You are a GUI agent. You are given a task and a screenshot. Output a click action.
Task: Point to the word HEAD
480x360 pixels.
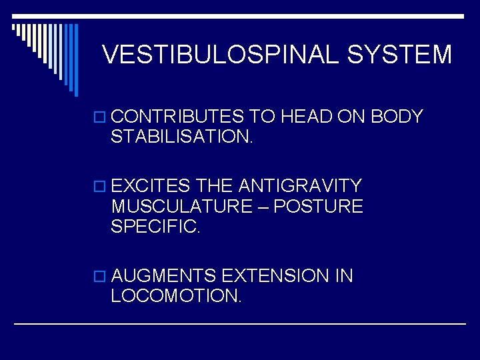306,117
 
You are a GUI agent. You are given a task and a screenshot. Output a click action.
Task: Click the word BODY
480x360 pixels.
397,117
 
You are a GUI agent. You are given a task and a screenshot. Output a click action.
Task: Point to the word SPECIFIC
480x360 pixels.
155,227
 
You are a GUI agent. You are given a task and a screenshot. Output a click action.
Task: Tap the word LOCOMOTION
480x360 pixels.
176,296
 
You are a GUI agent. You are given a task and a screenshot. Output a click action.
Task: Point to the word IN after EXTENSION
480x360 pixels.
344,276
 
